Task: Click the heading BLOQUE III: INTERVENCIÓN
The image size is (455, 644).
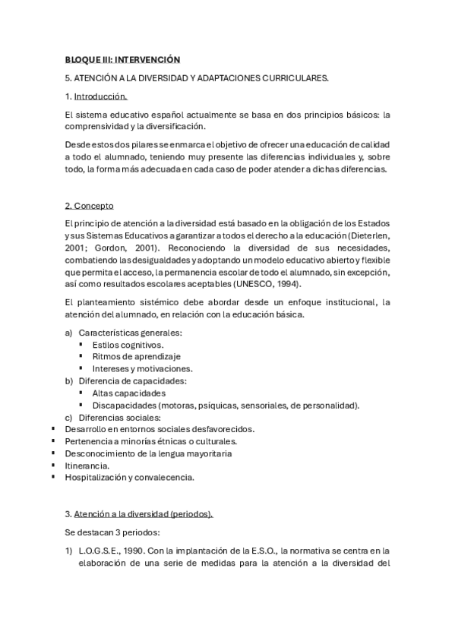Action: click(x=123, y=58)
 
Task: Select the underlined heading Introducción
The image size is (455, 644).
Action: click(x=100, y=96)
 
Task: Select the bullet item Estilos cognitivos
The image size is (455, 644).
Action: click(x=128, y=344)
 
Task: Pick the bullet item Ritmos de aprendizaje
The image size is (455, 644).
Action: click(x=136, y=356)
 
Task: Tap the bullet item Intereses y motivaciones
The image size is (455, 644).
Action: click(x=142, y=368)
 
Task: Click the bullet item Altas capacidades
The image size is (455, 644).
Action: click(x=128, y=393)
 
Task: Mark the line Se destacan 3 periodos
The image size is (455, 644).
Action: click(x=111, y=532)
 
